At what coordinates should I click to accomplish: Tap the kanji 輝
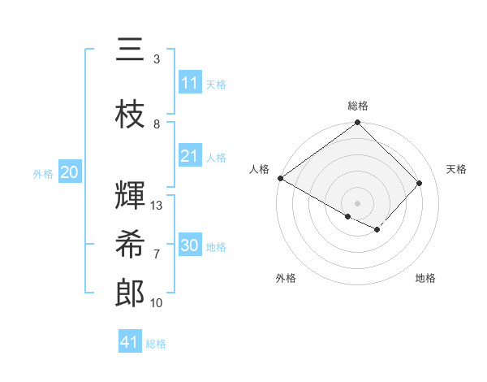[130, 195]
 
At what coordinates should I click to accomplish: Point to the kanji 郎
[130, 293]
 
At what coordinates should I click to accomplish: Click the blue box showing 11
[190, 83]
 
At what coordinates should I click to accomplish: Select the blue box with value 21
[190, 156]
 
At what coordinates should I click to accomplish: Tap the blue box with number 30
[190, 245]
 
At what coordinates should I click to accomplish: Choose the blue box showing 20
[70, 172]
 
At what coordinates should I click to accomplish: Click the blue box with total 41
[130, 342]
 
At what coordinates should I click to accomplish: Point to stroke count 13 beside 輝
[157, 206]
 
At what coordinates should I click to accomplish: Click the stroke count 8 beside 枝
[157, 124]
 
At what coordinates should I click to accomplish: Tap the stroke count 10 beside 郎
[157, 303]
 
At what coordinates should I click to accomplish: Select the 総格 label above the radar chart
[358, 106]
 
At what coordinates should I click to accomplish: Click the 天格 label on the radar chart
[457, 169]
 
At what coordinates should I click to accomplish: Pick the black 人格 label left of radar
[259, 169]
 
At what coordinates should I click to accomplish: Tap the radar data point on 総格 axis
[358, 123]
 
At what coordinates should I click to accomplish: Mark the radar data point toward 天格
[420, 183]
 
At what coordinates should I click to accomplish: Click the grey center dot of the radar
[358, 202]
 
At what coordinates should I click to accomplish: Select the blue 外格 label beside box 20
[43, 173]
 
